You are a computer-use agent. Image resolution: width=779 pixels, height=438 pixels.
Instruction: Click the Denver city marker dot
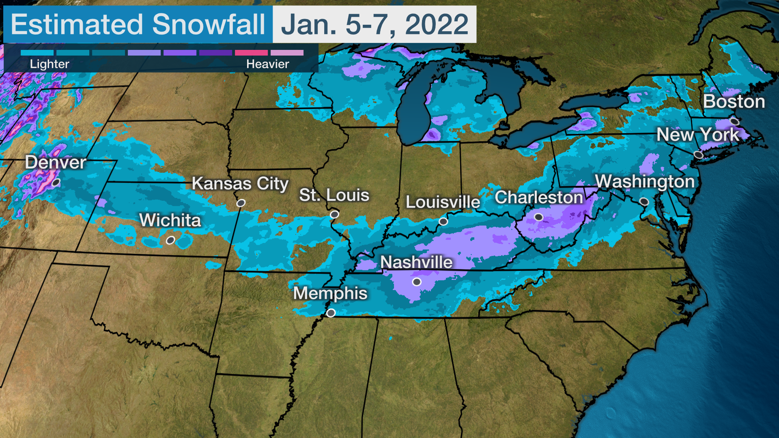coord(56,182)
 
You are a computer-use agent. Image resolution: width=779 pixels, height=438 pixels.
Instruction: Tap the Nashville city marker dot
coord(417,282)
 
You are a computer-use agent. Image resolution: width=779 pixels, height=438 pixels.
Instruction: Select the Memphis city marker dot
coord(331,313)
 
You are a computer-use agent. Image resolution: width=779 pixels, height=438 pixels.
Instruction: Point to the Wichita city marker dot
coord(170,240)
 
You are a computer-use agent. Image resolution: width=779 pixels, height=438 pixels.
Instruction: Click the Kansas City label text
coord(240,183)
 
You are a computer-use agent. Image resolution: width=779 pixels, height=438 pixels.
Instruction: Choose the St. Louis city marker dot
coord(334,214)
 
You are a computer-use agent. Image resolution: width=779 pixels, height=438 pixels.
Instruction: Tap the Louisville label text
coord(443,202)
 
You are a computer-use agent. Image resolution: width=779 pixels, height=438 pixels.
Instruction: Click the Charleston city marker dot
coord(538,217)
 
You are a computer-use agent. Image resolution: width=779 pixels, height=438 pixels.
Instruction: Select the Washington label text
coord(645,181)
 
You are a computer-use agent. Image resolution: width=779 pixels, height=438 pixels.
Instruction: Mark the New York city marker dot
coord(698,155)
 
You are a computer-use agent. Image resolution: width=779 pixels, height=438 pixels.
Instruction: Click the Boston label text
coord(734,101)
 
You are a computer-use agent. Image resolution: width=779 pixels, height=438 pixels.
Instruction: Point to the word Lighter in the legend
coord(49,64)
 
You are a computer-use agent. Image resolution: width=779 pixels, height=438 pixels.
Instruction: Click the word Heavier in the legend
coord(267,64)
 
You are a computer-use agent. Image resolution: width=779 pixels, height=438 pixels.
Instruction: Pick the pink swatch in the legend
coord(251,53)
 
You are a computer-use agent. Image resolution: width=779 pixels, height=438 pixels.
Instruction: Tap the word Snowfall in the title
coord(209,24)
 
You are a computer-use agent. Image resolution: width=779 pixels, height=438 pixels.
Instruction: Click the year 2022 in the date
coord(437,24)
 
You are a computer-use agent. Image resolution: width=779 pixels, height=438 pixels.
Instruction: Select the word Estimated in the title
coord(77,24)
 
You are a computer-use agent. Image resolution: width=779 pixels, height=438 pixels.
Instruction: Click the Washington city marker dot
coord(644,202)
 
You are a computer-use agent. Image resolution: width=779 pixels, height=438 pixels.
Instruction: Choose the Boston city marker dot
coord(734,121)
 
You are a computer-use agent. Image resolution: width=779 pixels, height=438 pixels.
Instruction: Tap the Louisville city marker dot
coord(443,221)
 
